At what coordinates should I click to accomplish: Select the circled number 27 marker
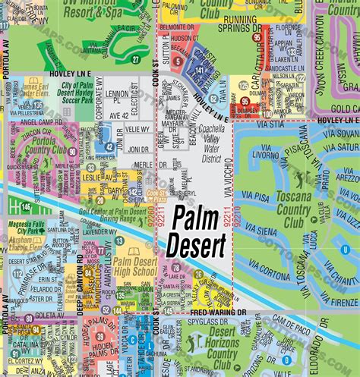[x=135, y=58]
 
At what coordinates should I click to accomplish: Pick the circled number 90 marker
[x=71, y=152]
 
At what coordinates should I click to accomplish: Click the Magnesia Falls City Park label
[x=30, y=220]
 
